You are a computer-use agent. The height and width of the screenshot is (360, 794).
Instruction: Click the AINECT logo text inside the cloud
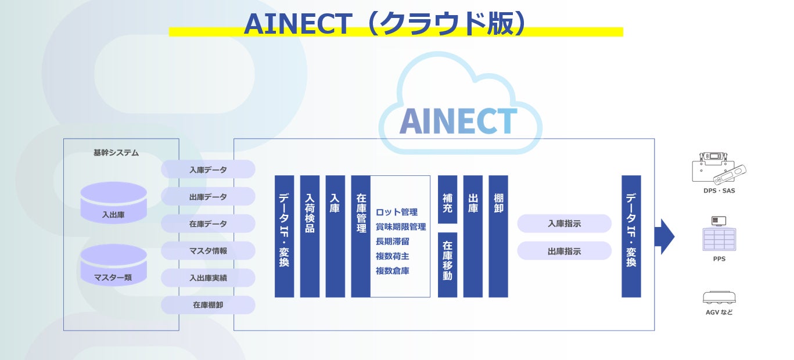[458, 120]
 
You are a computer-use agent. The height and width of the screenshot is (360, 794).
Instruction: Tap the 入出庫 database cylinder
[113, 203]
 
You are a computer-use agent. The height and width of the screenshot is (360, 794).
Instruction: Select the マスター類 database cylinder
[113, 265]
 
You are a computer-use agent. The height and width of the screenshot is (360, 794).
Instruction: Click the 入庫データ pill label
[208, 170]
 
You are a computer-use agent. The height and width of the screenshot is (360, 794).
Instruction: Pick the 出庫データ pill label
[208, 197]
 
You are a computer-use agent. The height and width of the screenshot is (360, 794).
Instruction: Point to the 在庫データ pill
[208, 224]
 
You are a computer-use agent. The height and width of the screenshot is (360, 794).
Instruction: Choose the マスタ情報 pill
[208, 251]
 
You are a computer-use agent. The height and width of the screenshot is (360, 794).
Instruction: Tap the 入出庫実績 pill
[208, 278]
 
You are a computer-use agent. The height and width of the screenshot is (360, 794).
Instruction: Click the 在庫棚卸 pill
[208, 305]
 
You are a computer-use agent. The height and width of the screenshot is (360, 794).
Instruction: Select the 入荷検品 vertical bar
[310, 236]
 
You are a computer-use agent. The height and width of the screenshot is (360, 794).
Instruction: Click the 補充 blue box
[447, 199]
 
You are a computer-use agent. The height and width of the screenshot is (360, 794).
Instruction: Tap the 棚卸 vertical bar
[498, 236]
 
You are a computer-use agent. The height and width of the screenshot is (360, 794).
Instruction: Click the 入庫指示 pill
[564, 224]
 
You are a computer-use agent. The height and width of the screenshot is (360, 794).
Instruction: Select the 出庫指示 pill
[564, 251]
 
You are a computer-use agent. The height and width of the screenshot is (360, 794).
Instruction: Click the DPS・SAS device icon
[718, 168]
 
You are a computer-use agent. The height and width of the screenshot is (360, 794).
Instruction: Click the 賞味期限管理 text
[400, 226]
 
